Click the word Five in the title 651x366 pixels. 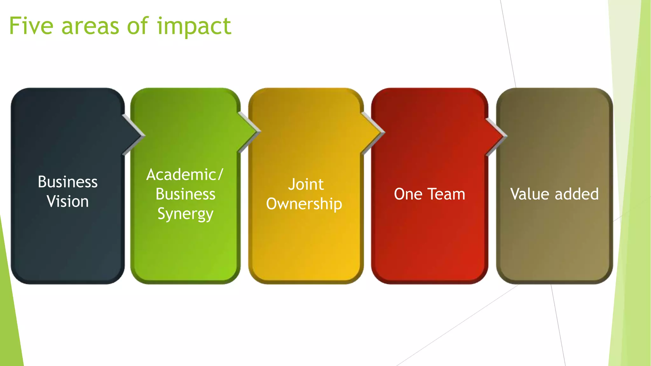click(x=31, y=26)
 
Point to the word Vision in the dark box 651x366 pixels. click(x=68, y=201)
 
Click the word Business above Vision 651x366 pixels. click(x=68, y=182)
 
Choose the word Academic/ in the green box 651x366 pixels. click(x=185, y=175)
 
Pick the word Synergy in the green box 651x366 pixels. click(x=185, y=214)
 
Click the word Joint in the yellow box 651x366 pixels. click(x=306, y=185)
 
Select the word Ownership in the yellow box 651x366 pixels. click(x=304, y=204)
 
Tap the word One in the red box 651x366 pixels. click(x=408, y=194)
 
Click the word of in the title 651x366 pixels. click(x=138, y=26)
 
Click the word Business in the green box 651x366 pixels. click(x=185, y=194)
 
